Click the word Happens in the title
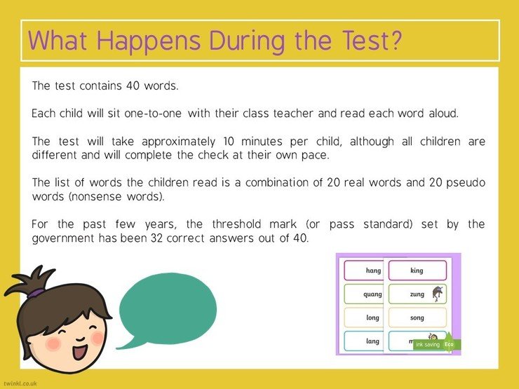[x=149, y=41]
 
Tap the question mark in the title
[x=395, y=40]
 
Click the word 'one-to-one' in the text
[x=153, y=114]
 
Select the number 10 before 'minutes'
[x=229, y=142]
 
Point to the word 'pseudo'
[x=466, y=183]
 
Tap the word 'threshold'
[x=236, y=224]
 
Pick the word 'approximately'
[x=178, y=142]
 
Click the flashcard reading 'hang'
[x=363, y=271]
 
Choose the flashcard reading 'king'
[x=417, y=271]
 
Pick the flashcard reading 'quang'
[x=363, y=294]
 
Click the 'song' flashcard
[x=417, y=318]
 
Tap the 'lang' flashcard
[x=363, y=341]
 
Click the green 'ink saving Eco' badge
[x=437, y=344]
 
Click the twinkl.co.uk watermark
[x=20, y=383]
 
